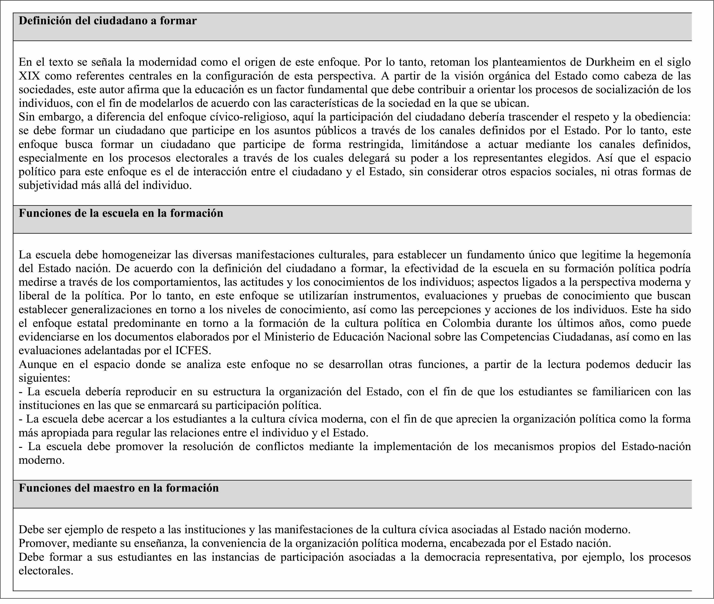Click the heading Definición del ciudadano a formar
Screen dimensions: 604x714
108,21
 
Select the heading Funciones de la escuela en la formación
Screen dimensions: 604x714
121,213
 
